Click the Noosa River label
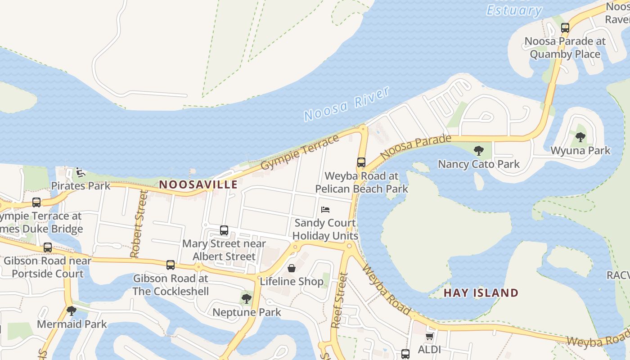[x=346, y=104]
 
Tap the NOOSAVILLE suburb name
[x=198, y=184]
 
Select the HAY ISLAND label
[x=481, y=293]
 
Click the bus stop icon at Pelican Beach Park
[x=361, y=162]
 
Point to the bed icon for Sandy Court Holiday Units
[x=325, y=210]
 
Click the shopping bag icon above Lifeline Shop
[x=292, y=269]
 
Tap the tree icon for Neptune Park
[x=246, y=298]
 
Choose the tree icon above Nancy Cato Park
[x=479, y=150]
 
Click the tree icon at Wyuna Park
[x=580, y=137]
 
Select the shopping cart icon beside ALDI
[x=429, y=336]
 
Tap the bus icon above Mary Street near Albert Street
[x=224, y=230]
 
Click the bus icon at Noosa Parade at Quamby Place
[x=565, y=28]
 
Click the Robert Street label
[x=139, y=224]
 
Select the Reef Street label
[x=340, y=300]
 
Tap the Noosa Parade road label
[x=415, y=147]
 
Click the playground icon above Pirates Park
[x=80, y=172]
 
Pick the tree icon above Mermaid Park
[x=72, y=310]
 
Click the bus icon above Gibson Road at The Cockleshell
[x=170, y=265]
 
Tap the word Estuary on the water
[x=514, y=10]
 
